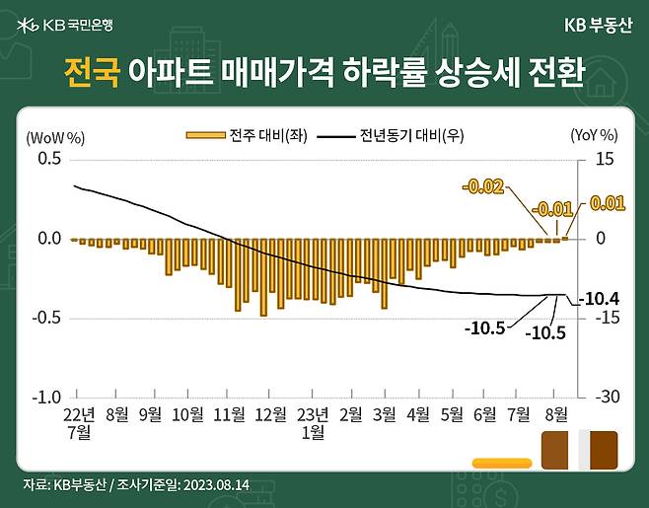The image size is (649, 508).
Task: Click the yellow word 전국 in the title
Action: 92,72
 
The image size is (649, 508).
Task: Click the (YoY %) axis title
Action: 594,135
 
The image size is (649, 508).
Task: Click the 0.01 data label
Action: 608,203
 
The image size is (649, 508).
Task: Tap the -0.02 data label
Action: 483,184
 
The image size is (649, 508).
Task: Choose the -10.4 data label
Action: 598,298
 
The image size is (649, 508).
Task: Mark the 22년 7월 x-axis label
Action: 79,423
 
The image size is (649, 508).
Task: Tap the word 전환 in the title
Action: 559,72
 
